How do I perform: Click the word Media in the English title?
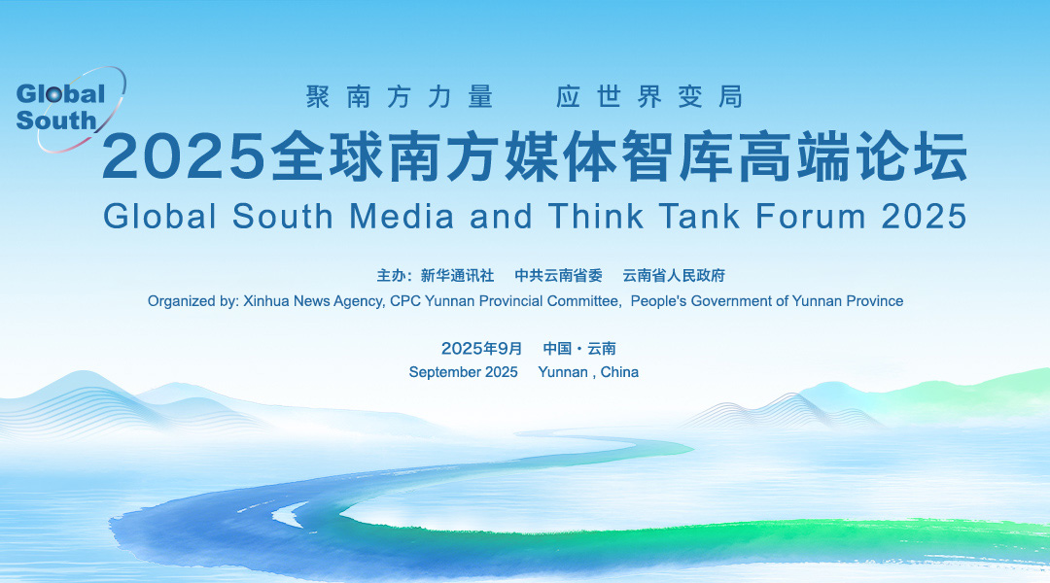click(402, 217)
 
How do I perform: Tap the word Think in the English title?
click(596, 217)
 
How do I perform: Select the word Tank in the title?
click(699, 217)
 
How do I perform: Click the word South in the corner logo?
click(56, 120)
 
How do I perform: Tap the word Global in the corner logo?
click(60, 93)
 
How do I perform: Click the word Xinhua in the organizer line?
click(265, 301)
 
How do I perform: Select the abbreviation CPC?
click(405, 301)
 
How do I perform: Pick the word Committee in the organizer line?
click(584, 301)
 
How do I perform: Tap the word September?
click(441, 372)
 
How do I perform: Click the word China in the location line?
click(619, 372)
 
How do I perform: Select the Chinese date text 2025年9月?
click(481, 348)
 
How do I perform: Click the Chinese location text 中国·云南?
click(579, 348)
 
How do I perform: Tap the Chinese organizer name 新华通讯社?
click(457, 275)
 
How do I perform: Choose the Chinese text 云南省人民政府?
click(674, 275)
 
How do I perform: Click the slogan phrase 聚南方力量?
click(400, 97)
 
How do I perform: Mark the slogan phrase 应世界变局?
click(649, 97)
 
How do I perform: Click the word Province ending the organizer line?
click(875, 301)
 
